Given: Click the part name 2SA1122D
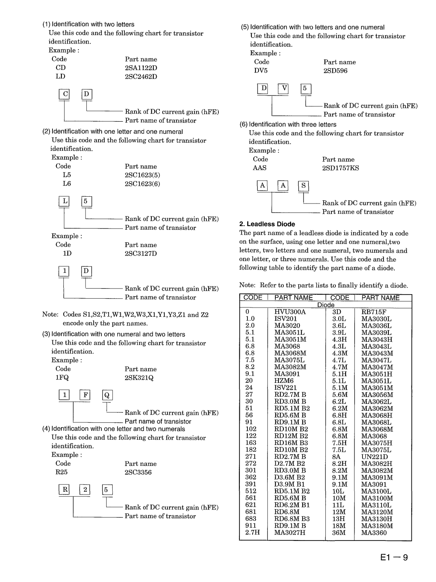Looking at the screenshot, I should pyautogui.click(x=141, y=68).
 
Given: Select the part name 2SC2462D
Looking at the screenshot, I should pyautogui.click(x=141, y=77).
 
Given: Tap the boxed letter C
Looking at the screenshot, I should pyautogui.click(x=64, y=94).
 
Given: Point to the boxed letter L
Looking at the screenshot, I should pyautogui.click(x=64, y=201).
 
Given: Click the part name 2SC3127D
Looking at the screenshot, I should pyautogui.click(x=140, y=254).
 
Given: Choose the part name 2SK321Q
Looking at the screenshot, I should pyautogui.click(x=139, y=378).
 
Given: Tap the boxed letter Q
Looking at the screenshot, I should pyautogui.click(x=107, y=395).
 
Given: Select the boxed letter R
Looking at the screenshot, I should pyautogui.click(x=64, y=490).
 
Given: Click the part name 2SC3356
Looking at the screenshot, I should pyautogui.click(x=138, y=472).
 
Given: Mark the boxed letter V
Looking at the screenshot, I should pyautogui.click(x=283, y=89).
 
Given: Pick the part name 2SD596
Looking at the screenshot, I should pyautogui.click(x=335, y=71).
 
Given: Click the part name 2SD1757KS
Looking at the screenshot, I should pyautogui.click(x=340, y=168).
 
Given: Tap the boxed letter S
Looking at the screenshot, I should pyautogui.click(x=303, y=186).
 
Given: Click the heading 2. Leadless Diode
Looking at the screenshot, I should pyautogui.click(x=267, y=224).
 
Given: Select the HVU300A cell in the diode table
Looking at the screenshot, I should pyautogui.click(x=290, y=312).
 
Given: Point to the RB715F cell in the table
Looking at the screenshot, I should pyautogui.click(x=374, y=312).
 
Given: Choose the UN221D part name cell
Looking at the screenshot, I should pyautogui.click(x=374, y=457).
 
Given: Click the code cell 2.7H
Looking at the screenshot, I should pyautogui.click(x=252, y=532).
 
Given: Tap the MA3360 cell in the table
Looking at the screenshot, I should pyautogui.click(x=374, y=532).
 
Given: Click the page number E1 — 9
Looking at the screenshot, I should pyautogui.click(x=394, y=557).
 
